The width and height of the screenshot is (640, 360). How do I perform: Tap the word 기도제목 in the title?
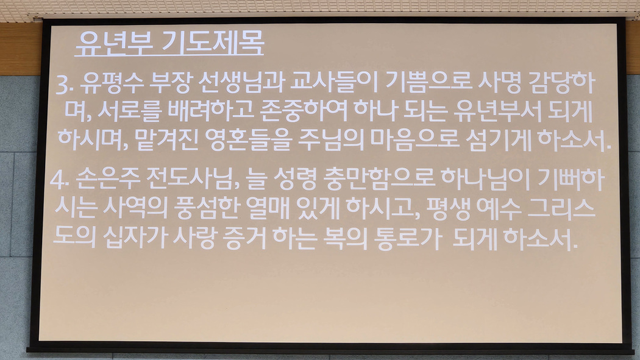pos(213,43)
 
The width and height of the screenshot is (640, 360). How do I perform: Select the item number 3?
pos(65,85)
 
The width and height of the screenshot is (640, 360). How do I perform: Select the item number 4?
pos(59,179)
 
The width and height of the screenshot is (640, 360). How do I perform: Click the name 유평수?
pos(112,83)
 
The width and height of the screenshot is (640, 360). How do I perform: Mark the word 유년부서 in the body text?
pos(497,111)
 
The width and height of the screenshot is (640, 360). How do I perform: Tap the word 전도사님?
pos(193,179)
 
